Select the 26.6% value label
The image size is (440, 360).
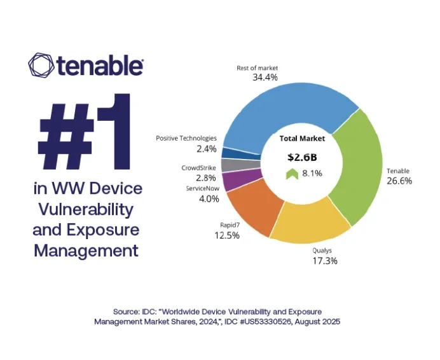tap(399, 181)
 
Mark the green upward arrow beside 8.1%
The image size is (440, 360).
tap(292, 174)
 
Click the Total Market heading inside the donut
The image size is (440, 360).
tap(302, 138)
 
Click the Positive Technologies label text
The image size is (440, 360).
tap(186, 138)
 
